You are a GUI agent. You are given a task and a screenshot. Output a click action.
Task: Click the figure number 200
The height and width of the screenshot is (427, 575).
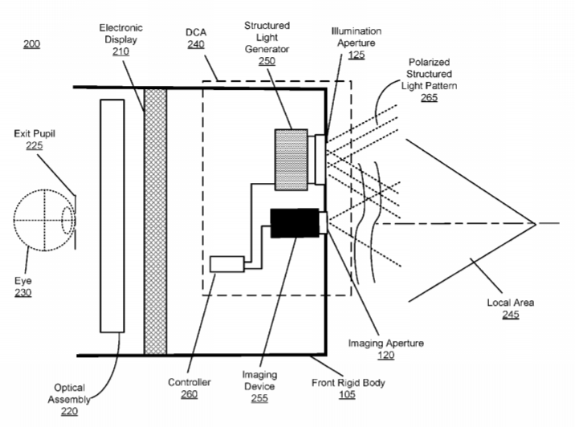31,44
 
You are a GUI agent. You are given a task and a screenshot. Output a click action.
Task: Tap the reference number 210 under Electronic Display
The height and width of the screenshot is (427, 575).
120,51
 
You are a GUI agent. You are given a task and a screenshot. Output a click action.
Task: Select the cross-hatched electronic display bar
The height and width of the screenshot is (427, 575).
156,222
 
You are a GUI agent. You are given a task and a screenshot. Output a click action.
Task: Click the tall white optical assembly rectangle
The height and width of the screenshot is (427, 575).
112,216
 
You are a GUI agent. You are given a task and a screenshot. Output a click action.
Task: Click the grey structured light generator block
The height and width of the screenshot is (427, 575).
292,160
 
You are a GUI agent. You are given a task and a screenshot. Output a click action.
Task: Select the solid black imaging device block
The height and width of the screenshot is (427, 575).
295,223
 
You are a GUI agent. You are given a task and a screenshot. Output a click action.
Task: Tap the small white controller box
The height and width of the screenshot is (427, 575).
227,264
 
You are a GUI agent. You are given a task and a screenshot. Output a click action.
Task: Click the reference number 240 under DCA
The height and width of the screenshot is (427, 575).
196,44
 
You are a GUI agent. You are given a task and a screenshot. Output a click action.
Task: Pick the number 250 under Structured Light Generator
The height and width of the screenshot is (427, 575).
267,61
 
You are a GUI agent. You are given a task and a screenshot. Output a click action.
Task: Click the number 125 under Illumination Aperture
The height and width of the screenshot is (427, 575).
357,55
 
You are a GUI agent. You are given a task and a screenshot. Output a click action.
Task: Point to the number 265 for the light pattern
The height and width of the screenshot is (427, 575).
429,97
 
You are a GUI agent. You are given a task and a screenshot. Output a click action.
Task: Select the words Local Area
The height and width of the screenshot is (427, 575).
511,303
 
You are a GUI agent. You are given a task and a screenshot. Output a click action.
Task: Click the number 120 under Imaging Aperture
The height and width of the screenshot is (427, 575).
386,355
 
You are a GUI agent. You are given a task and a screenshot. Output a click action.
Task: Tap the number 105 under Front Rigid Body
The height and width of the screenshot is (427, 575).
347,394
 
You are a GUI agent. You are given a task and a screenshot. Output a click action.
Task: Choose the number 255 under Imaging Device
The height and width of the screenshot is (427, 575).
259,398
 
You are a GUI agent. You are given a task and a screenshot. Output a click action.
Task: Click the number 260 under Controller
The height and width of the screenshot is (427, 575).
190,394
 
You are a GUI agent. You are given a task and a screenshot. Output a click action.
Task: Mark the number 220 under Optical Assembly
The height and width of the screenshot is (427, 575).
69,411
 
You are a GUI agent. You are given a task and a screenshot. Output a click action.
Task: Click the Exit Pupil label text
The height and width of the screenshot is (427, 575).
35,133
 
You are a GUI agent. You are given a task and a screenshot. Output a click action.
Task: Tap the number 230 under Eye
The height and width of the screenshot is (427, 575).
23,292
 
